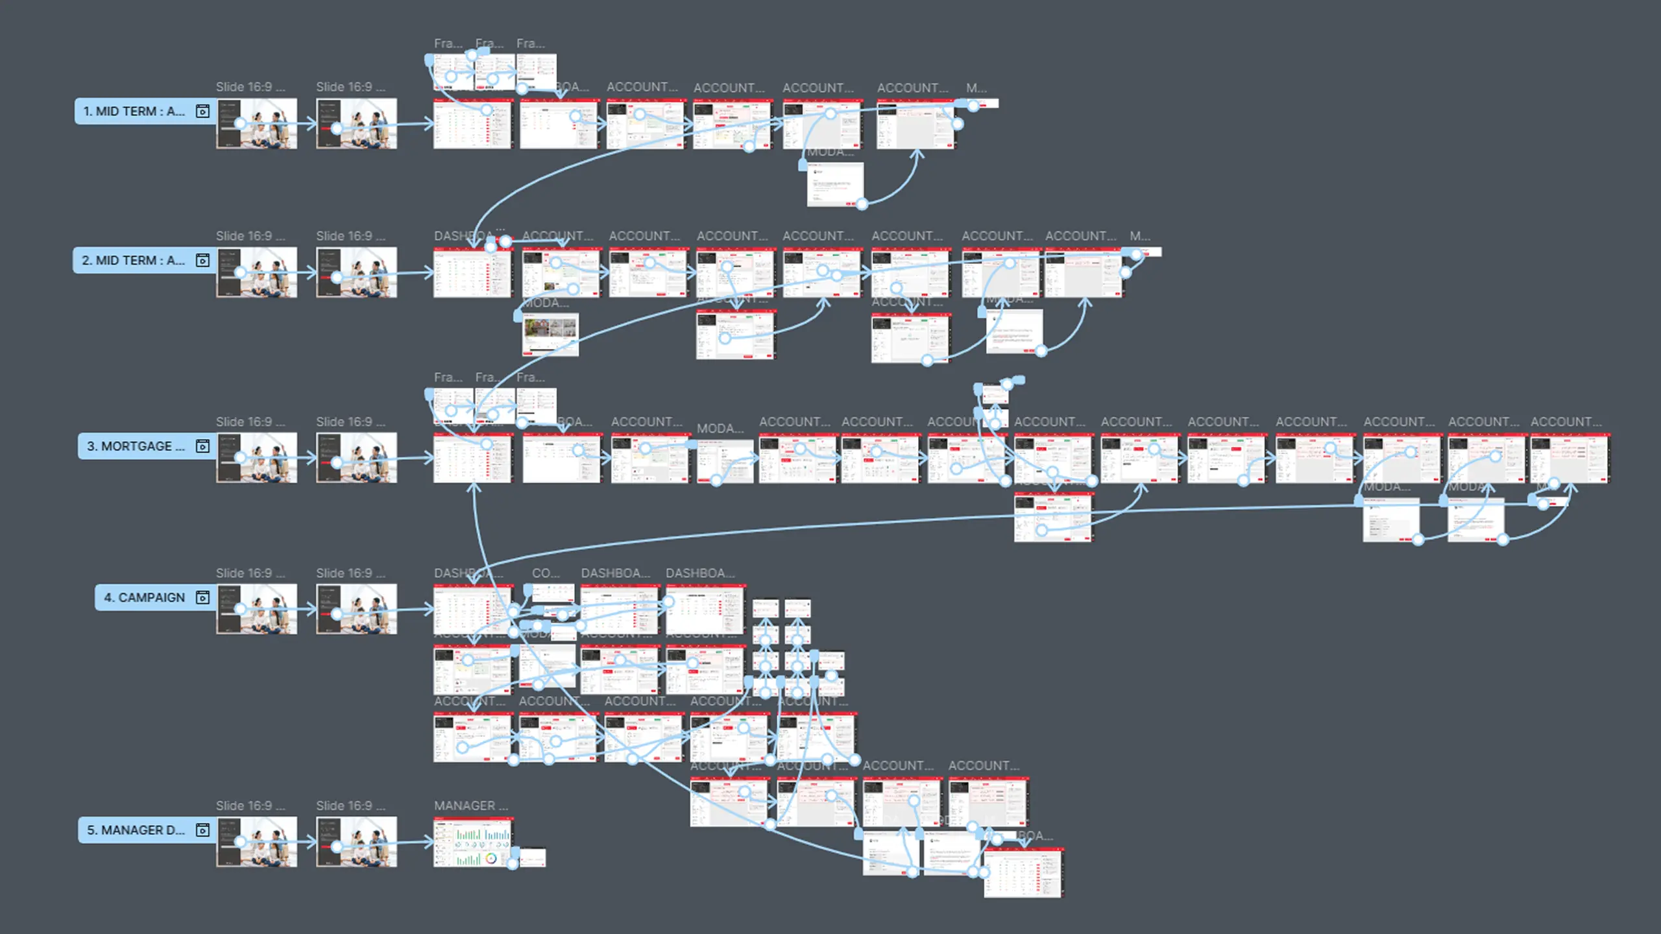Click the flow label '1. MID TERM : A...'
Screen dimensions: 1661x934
[x=134, y=112]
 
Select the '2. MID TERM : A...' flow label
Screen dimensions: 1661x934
[x=133, y=261]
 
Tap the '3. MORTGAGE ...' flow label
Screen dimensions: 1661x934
[x=136, y=446]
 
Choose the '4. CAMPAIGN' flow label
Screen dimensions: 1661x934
[x=145, y=597]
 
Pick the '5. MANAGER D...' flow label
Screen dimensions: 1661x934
[x=136, y=830]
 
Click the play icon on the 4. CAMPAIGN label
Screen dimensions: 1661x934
[x=202, y=597]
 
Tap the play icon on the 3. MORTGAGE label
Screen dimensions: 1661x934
[x=202, y=446]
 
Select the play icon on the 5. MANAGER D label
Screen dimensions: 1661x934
[x=202, y=830]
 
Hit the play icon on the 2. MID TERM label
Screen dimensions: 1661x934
[x=202, y=261]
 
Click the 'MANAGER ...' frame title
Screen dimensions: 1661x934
[x=470, y=806]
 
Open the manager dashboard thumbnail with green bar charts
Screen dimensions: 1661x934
[x=472, y=842]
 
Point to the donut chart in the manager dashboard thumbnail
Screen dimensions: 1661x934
[x=491, y=859]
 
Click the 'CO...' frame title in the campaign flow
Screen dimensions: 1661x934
[x=545, y=573]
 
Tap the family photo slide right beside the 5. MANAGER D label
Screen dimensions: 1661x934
[x=257, y=842]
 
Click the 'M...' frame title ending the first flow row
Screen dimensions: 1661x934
[x=976, y=88]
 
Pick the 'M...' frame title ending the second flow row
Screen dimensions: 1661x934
[x=1139, y=236]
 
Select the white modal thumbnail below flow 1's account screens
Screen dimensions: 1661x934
[x=835, y=184]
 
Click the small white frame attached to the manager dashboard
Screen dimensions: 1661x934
[x=533, y=857]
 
